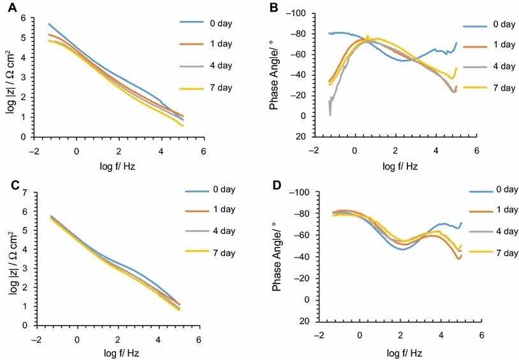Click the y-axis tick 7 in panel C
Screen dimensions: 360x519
(24, 192)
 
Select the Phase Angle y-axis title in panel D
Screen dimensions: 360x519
(276, 253)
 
